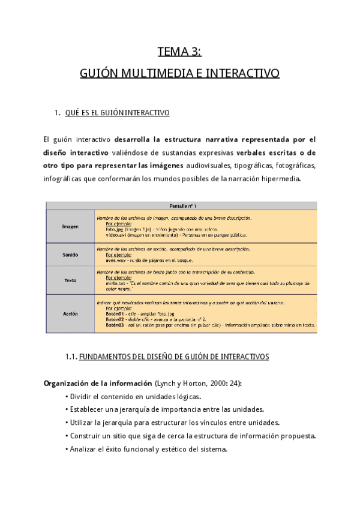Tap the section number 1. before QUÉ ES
click(57, 113)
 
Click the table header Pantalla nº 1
click(182, 206)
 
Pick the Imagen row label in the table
click(70, 227)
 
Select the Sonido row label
click(70, 254)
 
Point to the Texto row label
click(70, 280)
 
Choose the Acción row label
click(70, 313)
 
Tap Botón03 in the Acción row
click(115, 325)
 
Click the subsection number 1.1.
click(71, 357)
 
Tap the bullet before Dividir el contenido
click(66, 397)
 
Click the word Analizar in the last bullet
click(83, 448)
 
